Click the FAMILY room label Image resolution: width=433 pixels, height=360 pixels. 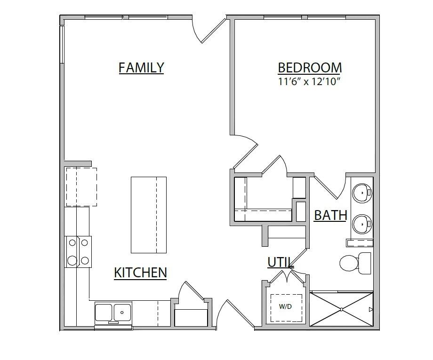141,68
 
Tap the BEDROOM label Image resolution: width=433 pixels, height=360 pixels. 309,68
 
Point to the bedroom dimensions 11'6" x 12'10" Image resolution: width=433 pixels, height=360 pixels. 309,81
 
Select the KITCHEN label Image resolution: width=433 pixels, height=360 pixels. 140,273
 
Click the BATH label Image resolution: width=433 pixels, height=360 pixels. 330,215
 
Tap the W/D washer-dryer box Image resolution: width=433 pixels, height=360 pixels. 286,307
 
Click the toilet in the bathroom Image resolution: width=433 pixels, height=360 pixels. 354,263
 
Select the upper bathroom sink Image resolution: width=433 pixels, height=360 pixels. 362,192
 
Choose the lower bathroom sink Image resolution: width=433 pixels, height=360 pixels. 362,224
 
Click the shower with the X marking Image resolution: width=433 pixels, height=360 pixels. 342,309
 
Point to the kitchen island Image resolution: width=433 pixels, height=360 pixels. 148,214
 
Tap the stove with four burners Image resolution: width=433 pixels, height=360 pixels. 78,251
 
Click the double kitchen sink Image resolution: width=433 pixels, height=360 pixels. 113,312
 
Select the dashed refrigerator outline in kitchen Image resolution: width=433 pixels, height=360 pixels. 81,187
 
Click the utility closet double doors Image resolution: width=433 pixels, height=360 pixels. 286,277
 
